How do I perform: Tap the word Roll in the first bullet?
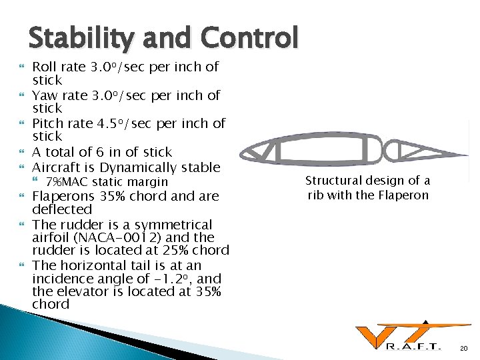point(45,67)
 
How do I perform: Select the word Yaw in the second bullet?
point(45,95)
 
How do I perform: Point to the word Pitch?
point(48,123)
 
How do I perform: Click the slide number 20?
point(465,347)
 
